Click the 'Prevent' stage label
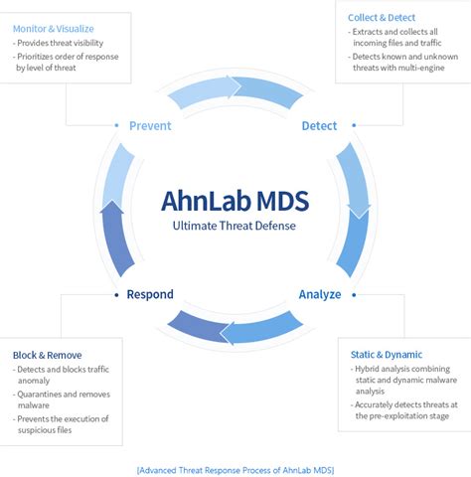point(150,126)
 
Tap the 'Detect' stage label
point(319,126)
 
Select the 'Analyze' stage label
point(320,294)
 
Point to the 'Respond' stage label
point(150,294)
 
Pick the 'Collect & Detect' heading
point(382,17)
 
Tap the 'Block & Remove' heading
point(48,354)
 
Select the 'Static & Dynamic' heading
point(387,354)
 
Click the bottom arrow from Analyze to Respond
point(235,327)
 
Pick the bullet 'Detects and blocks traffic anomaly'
point(65,375)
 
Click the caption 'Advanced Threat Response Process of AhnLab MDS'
point(235,467)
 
